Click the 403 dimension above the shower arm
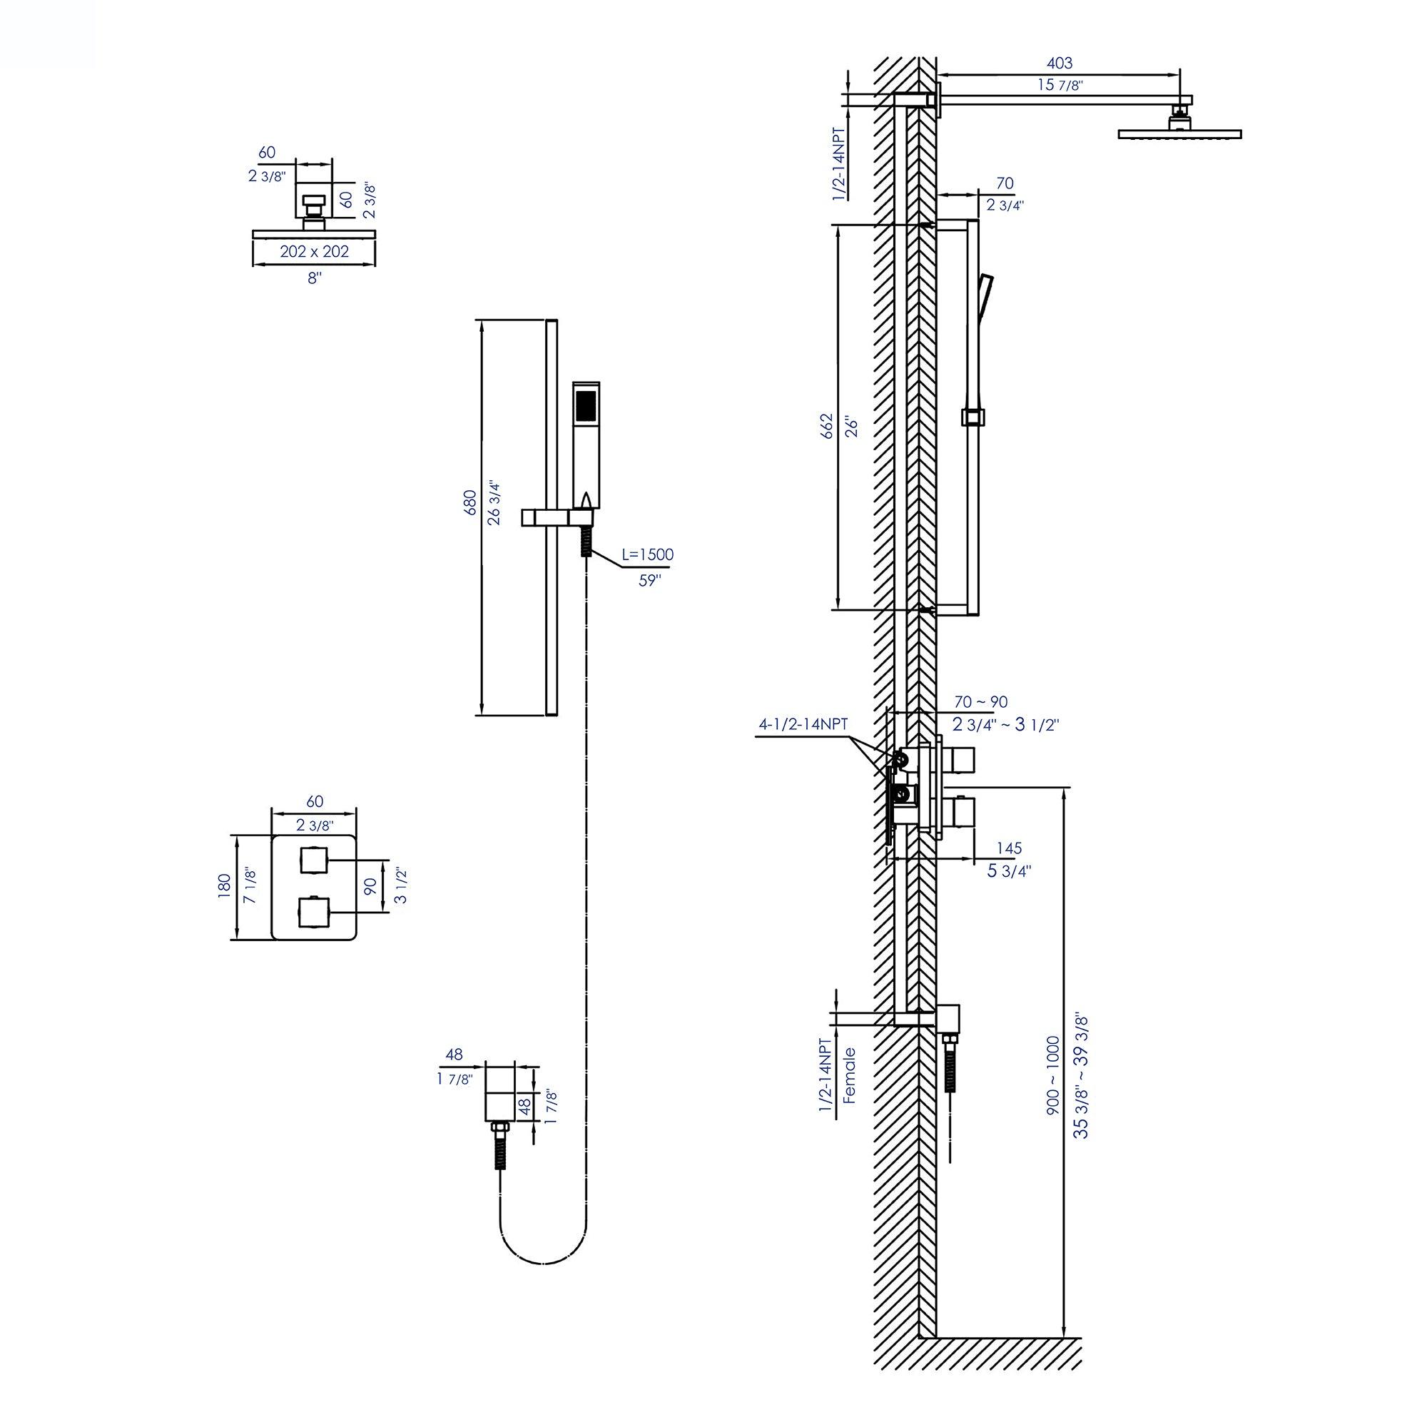click(x=1059, y=64)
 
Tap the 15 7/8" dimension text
click(x=1059, y=85)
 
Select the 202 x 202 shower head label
click(x=314, y=252)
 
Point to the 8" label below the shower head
click(x=315, y=278)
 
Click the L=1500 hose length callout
click(x=647, y=554)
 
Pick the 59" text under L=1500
click(x=649, y=581)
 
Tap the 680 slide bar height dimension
click(x=470, y=502)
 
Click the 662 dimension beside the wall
click(x=826, y=426)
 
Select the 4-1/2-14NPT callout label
click(x=803, y=725)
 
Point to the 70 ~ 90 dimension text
click(x=980, y=702)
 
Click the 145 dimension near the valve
click(x=1008, y=848)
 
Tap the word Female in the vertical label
click(x=849, y=1075)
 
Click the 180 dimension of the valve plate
click(x=225, y=886)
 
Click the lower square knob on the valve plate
click(x=313, y=911)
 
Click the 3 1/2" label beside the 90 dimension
click(x=402, y=885)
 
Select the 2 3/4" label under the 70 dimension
click(x=1005, y=205)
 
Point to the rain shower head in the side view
click(x=1179, y=133)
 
